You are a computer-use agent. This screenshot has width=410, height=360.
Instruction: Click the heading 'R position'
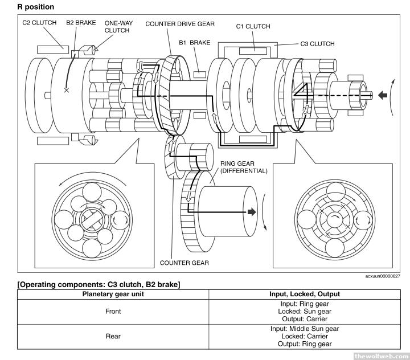tap(36, 7)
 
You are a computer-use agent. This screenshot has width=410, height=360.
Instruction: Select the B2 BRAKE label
tap(81, 23)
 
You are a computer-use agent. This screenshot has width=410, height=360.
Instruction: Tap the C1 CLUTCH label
tap(253, 26)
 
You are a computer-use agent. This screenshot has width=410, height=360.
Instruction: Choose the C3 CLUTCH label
tap(317, 43)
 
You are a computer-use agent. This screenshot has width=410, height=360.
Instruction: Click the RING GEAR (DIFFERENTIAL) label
tap(243, 167)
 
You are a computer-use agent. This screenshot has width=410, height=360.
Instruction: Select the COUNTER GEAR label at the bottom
tap(184, 263)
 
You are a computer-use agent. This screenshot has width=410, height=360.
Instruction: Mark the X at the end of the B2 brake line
tap(67, 90)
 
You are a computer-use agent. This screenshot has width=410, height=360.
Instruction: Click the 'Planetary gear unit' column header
tap(113, 294)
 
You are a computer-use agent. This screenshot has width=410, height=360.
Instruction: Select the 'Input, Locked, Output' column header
tap(304, 294)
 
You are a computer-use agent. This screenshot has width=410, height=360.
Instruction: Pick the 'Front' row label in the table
tap(113, 312)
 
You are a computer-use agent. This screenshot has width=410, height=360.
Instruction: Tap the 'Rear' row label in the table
tap(113, 336)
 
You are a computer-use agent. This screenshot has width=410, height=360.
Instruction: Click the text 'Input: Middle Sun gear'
tap(304, 329)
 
